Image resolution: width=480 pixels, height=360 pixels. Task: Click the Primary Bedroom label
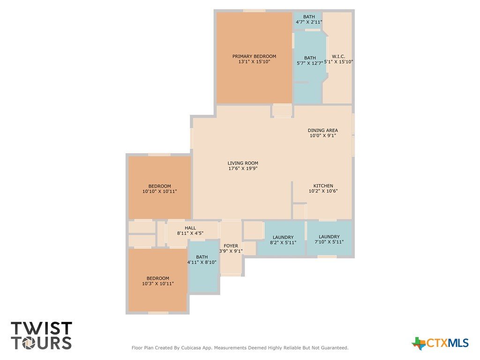click(254, 56)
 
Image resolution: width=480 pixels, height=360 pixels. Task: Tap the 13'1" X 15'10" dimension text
click(254, 61)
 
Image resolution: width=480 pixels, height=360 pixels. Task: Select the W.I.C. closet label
click(338, 56)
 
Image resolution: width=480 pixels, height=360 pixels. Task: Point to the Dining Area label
click(322, 130)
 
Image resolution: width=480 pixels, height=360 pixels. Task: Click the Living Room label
click(243, 163)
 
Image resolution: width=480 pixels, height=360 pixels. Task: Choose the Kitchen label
click(323, 186)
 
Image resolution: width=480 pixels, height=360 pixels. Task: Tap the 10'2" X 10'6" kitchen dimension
click(323, 191)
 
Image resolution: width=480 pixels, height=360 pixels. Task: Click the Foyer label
click(231, 246)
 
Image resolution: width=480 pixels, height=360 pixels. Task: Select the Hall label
click(190, 228)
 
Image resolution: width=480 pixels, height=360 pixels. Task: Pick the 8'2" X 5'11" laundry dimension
click(283, 242)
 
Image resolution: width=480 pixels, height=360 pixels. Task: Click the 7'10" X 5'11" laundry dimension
click(329, 242)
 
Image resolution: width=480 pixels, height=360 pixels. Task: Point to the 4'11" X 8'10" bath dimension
click(202, 262)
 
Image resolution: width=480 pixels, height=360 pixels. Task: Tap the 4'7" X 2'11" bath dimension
click(309, 22)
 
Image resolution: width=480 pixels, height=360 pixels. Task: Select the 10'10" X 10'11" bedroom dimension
click(159, 191)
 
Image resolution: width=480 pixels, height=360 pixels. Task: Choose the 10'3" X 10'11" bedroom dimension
click(157, 284)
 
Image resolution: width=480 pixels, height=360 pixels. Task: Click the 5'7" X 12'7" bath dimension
click(310, 63)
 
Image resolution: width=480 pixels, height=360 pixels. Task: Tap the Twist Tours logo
click(41, 336)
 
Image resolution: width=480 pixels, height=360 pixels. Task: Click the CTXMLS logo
click(440, 343)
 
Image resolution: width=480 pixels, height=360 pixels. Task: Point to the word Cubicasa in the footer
click(193, 348)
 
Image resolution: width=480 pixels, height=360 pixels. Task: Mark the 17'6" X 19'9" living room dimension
click(243, 168)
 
